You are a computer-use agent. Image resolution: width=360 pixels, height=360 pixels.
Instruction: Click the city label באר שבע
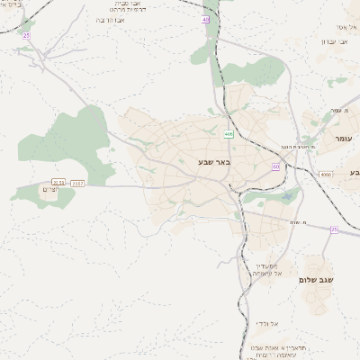tap(214, 162)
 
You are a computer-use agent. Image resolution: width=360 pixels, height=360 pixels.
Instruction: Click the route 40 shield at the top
tap(206, 19)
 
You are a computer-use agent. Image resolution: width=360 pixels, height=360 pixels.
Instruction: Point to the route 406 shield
tap(229, 133)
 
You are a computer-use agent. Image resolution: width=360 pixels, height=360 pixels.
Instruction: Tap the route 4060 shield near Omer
tap(325, 174)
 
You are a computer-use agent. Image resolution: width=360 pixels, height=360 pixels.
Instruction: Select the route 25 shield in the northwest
tap(26, 35)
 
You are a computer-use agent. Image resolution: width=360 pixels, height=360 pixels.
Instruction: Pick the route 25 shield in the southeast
tap(334, 229)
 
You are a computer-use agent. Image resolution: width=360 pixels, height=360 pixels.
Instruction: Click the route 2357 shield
tap(78, 183)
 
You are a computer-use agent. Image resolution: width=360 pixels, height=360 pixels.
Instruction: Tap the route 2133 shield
tap(59, 183)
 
